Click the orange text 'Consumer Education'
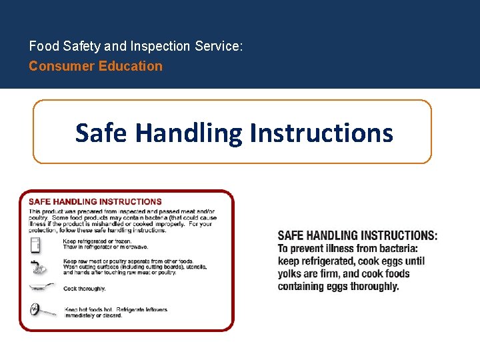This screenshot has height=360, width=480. click(x=95, y=66)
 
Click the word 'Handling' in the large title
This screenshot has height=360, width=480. click(x=189, y=133)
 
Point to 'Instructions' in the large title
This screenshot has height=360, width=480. click(x=321, y=133)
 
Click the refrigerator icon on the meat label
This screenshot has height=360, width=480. click(x=36, y=245)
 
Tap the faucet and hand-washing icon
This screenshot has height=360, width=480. click(x=37, y=267)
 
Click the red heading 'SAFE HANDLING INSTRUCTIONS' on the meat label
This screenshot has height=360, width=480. click(x=95, y=201)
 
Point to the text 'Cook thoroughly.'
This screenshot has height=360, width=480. click(x=85, y=289)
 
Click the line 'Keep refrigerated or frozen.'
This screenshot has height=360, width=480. click(x=97, y=241)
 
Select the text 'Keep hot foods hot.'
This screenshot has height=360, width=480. click(x=89, y=310)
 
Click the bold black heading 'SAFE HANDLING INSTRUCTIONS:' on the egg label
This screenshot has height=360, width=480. click(x=357, y=235)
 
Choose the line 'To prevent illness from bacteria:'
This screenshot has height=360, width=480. click(x=347, y=249)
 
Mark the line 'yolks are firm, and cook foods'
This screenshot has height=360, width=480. click(x=343, y=274)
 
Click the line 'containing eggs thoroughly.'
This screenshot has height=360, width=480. click(x=338, y=287)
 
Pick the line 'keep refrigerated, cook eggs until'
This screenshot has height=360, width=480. click(x=351, y=261)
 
